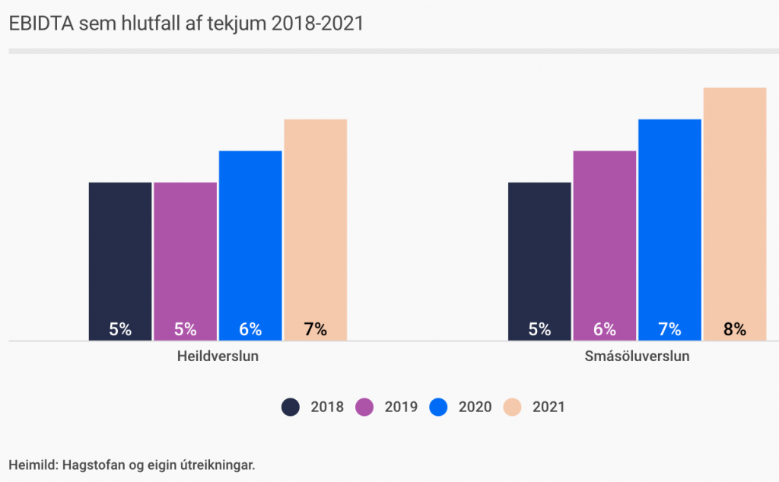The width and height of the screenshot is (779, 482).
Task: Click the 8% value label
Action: (735, 330)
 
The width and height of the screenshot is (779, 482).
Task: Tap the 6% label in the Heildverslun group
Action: (250, 330)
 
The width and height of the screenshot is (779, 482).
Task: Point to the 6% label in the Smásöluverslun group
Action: (605, 330)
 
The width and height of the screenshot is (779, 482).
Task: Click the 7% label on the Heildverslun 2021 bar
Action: (315, 330)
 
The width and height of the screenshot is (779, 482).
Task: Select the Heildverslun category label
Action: (218, 356)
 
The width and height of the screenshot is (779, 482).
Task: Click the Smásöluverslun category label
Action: (637, 356)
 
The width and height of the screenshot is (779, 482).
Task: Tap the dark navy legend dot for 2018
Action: (290, 407)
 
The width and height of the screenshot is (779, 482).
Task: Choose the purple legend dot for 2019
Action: (364, 407)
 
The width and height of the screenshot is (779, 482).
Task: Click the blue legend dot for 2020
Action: (438, 407)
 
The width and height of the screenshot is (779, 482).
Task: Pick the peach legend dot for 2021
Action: (512, 407)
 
